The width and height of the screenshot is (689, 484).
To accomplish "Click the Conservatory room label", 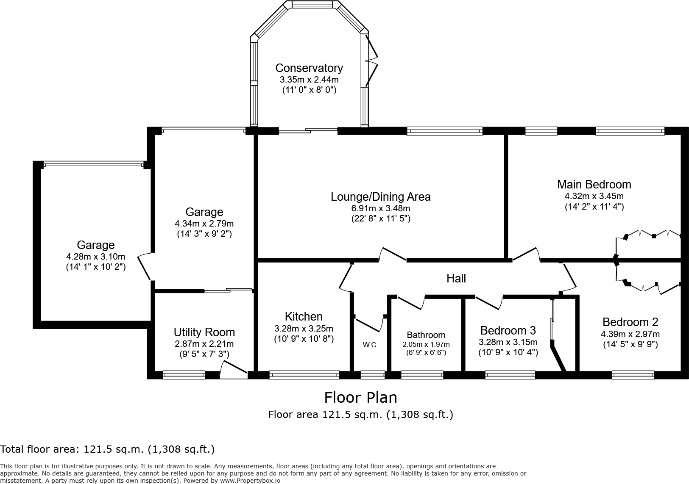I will [x=309, y=68].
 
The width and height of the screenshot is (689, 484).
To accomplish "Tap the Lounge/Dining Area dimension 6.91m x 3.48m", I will [x=380, y=208].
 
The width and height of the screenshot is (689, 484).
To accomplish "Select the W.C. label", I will [x=370, y=345].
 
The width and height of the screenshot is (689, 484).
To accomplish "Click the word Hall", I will [x=456, y=278].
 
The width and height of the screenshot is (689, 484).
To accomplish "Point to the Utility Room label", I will [x=204, y=332].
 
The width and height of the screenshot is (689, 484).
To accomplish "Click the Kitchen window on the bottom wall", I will [x=304, y=375].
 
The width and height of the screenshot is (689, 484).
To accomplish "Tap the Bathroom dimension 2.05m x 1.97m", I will [x=426, y=345].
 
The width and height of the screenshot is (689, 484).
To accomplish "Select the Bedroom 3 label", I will [x=508, y=330].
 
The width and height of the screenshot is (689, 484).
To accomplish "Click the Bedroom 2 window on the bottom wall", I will [x=633, y=375].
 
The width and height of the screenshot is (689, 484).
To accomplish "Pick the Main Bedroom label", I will [x=594, y=185].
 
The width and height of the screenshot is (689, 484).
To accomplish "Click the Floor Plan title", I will [x=360, y=398].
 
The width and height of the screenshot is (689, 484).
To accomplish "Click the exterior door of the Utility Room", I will [x=233, y=370].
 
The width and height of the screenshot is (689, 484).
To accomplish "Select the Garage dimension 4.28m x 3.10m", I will [x=95, y=257].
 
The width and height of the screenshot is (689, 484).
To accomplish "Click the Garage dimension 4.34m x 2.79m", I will [x=204, y=224].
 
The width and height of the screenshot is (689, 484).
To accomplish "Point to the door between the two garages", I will [x=145, y=267].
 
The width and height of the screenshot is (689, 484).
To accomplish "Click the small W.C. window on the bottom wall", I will [x=372, y=375].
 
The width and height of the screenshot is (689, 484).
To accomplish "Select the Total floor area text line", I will [x=107, y=449].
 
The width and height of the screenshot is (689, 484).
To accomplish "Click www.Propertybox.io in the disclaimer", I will [x=250, y=481].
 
